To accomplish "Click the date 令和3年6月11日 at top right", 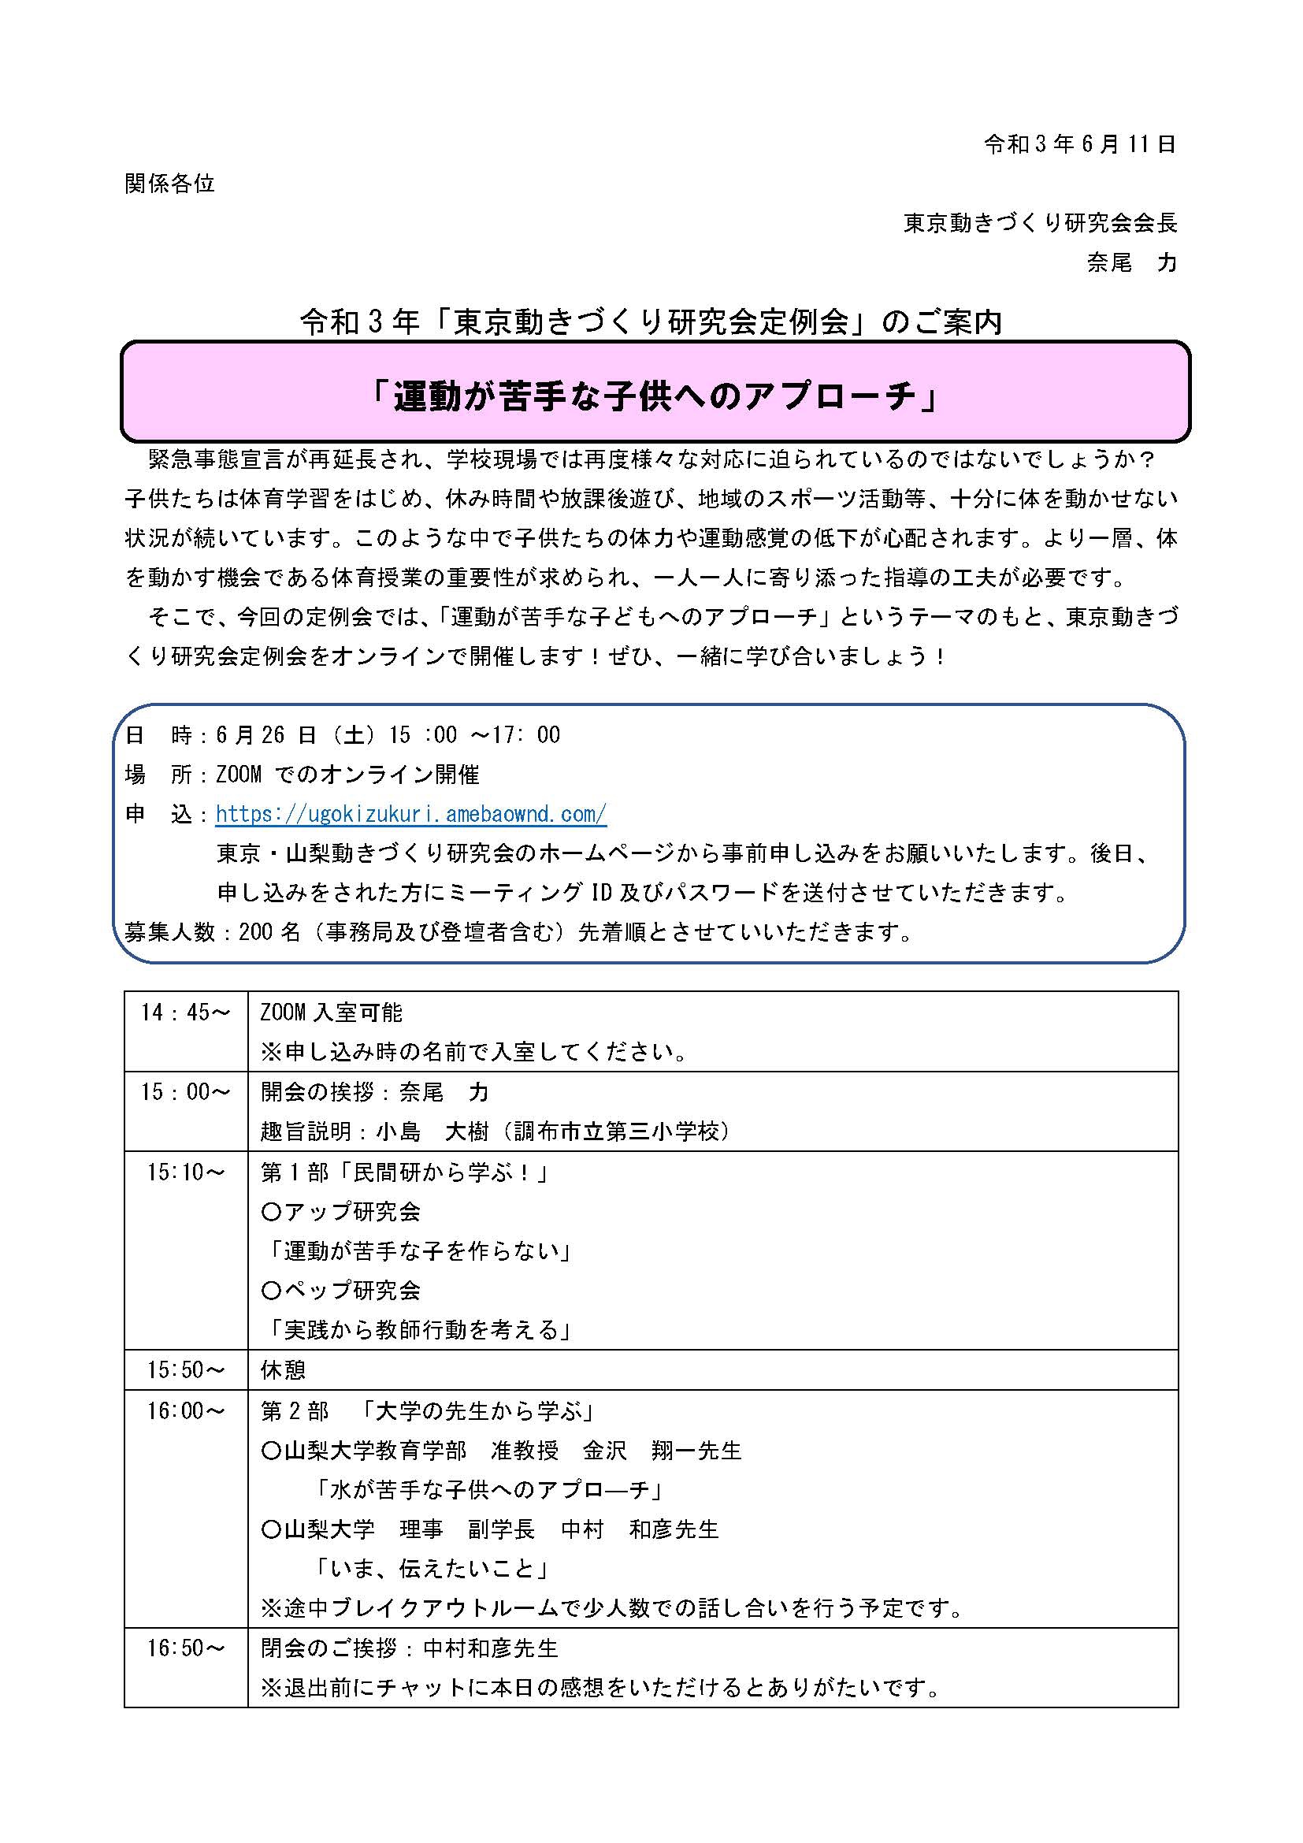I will [1079, 144].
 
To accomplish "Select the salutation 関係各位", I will [170, 184].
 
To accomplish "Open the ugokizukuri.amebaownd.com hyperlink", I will [410, 814].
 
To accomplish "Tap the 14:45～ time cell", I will [185, 1013].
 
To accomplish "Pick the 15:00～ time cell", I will [185, 1091].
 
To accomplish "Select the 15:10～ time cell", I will [185, 1172].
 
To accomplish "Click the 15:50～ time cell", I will [185, 1369].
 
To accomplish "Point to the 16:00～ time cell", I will [185, 1410].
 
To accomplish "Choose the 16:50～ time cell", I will [185, 1648].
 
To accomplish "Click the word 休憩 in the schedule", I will [284, 1369].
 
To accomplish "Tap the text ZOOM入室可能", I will [332, 1013].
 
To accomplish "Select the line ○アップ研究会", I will [341, 1211].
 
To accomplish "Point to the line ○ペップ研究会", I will [341, 1290].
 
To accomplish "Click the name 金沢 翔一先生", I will [662, 1451].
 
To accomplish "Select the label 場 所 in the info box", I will [158, 775].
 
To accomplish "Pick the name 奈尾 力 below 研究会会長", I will [1131, 262].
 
